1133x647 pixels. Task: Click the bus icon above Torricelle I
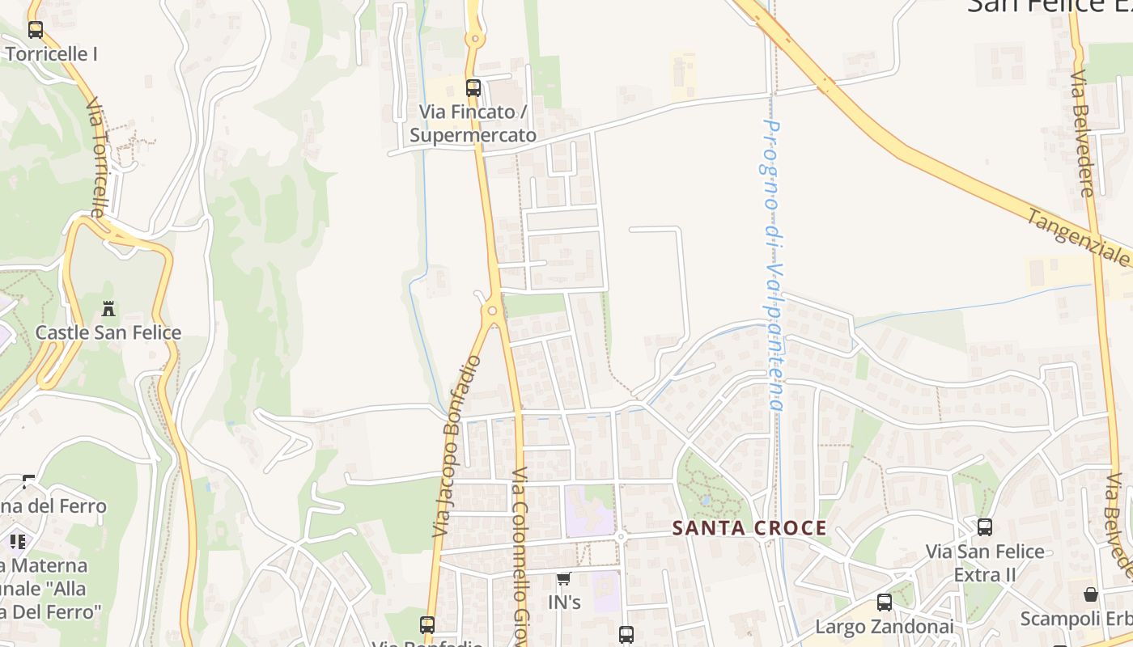point(35,30)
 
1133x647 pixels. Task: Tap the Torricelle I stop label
point(51,54)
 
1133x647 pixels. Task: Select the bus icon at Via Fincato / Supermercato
point(473,88)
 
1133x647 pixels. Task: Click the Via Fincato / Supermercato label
point(473,123)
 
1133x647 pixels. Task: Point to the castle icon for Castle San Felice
point(108,308)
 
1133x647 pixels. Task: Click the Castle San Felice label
point(108,332)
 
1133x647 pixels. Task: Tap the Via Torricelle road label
point(96,158)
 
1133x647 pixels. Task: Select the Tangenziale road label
point(1078,238)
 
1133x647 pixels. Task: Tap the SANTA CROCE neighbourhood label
point(750,528)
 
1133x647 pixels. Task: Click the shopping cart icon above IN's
point(564,578)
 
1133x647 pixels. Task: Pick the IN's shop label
point(564,603)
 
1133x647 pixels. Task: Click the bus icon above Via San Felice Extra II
point(985,527)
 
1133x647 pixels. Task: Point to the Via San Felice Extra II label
point(985,563)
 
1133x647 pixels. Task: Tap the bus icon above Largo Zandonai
point(885,603)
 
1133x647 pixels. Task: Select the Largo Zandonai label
point(884,627)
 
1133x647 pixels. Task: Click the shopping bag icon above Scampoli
point(1091,594)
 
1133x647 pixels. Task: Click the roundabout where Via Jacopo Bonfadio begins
point(491,311)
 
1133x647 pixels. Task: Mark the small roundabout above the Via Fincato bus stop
point(474,38)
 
